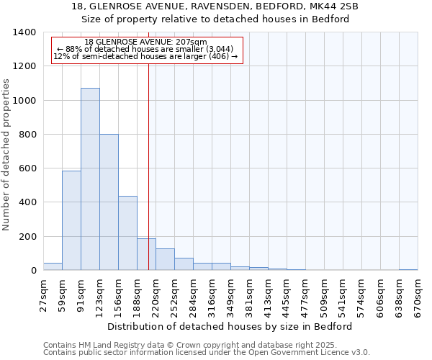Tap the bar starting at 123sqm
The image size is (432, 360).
pyautogui.click(x=109, y=202)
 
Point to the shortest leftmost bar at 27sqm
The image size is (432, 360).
pyautogui.click(x=53, y=266)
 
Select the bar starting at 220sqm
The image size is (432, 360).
pyautogui.click(x=165, y=259)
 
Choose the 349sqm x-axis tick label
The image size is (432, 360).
pyautogui.click(x=230, y=295)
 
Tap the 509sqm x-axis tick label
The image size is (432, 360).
pyautogui.click(x=324, y=295)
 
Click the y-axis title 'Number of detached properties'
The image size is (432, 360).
pyautogui.click(x=7, y=151)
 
